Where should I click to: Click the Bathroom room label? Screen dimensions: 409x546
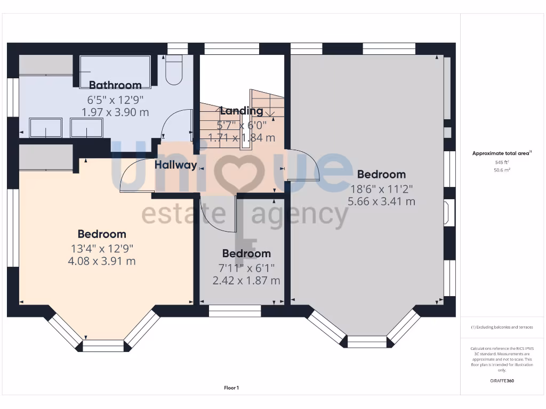tap(115, 85)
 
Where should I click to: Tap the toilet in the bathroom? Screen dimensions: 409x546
tap(174, 71)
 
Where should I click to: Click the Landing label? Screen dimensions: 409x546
tap(242, 111)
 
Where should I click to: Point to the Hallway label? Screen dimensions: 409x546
tap(176, 165)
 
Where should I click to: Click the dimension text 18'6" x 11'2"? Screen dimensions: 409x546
tap(381, 188)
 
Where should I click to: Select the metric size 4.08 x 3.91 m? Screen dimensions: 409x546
tap(101, 261)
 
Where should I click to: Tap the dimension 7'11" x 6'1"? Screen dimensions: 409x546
tap(246, 267)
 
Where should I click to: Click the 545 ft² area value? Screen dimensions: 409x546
tap(502, 162)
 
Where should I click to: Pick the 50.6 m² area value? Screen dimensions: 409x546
tap(502, 170)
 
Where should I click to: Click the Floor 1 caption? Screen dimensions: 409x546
tap(231, 388)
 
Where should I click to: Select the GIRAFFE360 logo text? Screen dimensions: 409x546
tap(502, 381)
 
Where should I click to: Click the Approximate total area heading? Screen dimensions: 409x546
tap(502, 153)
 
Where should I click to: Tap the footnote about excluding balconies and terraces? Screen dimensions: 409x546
tap(502, 327)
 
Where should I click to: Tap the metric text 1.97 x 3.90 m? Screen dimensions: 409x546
tap(115, 112)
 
